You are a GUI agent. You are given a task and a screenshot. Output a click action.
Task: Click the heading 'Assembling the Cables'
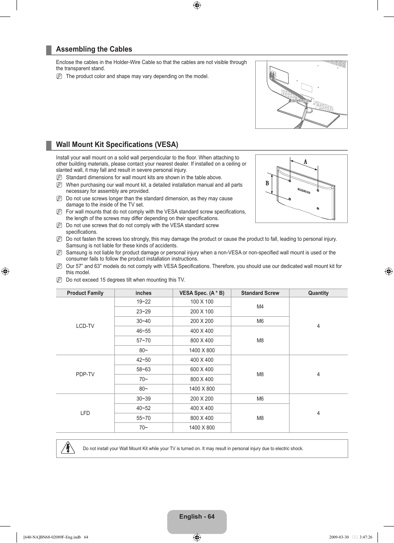(94, 49)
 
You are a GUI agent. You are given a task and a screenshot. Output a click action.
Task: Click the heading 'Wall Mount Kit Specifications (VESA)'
(117, 145)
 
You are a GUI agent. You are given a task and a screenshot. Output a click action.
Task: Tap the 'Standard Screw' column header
(260, 293)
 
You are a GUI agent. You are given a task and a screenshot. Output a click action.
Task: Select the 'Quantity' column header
(318, 293)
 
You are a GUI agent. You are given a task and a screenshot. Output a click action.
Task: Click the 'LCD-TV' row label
(85, 326)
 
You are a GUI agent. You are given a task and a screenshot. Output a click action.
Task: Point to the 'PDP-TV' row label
(85, 375)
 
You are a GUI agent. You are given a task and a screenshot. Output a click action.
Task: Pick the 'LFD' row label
(85, 413)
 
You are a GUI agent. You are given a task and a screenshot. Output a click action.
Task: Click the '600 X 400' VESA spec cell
(202, 370)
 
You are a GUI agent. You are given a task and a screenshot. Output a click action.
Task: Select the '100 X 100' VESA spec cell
(202, 302)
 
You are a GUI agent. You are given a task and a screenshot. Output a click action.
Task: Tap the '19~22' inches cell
(143, 302)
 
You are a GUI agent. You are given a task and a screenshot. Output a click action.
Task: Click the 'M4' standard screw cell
(260, 307)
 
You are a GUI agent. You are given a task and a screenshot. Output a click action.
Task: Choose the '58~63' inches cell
(143, 370)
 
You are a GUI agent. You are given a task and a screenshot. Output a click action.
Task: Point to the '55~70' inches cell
(143, 418)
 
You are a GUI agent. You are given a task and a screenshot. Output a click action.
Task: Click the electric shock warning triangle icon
(67, 448)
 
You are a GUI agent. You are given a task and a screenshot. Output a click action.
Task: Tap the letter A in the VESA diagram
(306, 162)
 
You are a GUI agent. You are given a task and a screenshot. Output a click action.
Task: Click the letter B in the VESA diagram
(267, 183)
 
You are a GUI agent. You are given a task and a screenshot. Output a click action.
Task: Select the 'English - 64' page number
(197, 517)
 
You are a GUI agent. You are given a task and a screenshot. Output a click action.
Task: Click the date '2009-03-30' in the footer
(339, 537)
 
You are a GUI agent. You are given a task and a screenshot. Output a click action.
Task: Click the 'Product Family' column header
(85, 293)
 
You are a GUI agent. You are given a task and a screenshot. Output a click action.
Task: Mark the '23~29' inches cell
(143, 312)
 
